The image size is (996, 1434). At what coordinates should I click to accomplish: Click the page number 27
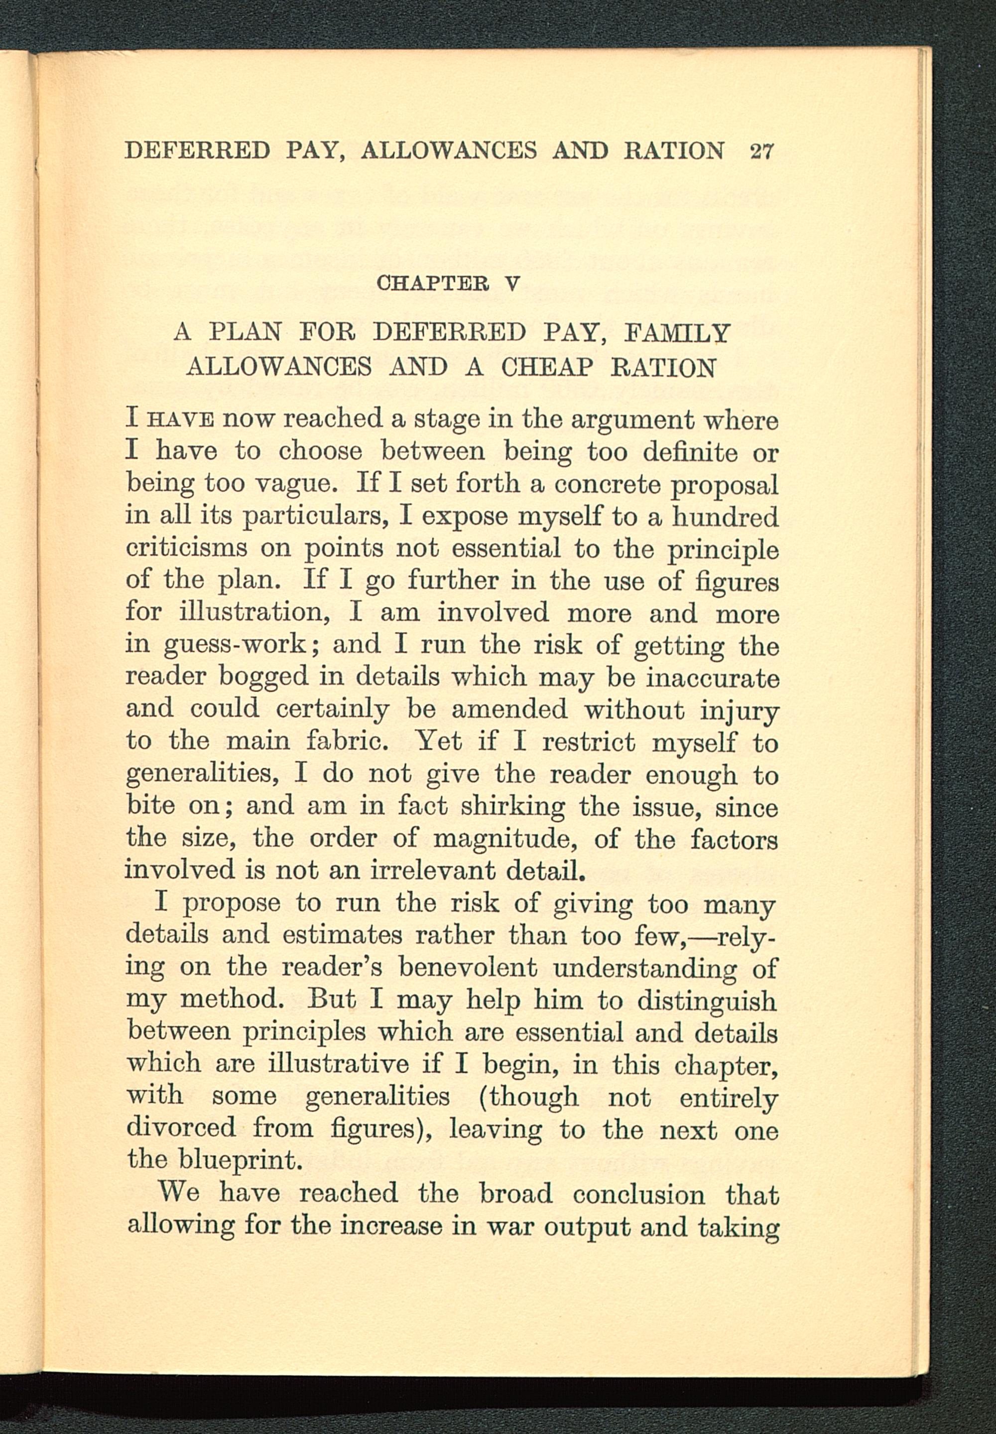click(x=761, y=151)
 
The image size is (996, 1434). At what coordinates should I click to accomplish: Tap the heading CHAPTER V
click(x=448, y=284)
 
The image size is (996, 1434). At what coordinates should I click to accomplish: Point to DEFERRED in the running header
click(x=197, y=151)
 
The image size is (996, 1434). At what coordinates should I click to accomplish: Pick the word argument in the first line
click(x=633, y=420)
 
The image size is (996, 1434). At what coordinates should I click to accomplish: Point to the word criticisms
click(x=186, y=549)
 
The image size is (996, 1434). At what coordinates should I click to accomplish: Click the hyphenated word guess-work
click(x=235, y=645)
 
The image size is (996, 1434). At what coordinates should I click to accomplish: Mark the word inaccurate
click(x=712, y=677)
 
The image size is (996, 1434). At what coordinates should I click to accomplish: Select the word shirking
click(x=512, y=807)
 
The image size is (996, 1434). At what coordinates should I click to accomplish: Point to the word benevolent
click(x=468, y=968)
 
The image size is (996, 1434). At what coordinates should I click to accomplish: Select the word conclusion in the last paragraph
click(x=638, y=1194)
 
